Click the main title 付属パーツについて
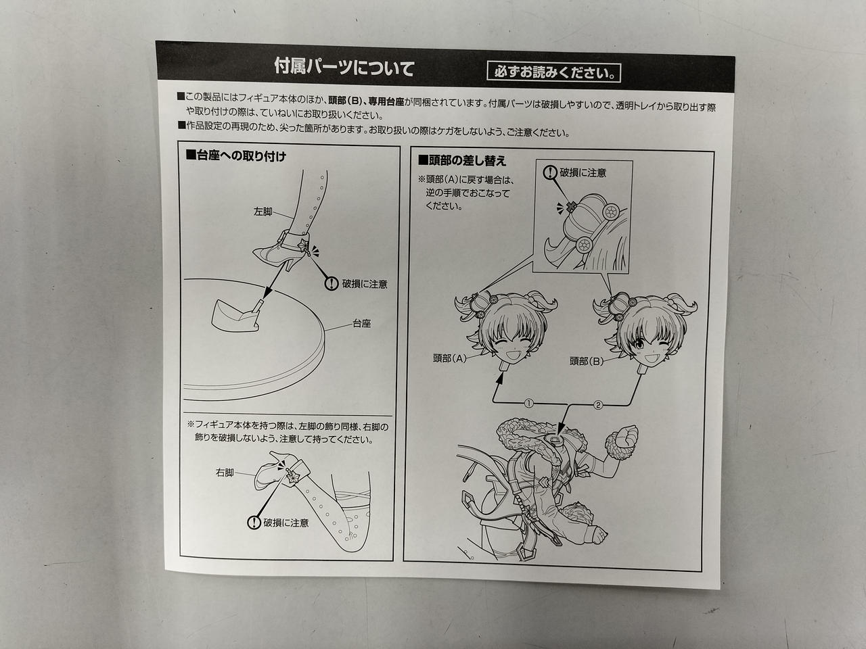point(344,68)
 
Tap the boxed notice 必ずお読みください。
point(553,72)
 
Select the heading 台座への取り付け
point(236,155)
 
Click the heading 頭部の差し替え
point(462,160)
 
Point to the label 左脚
point(263,212)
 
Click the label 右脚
point(225,473)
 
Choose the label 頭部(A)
point(450,358)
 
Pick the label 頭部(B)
point(587,361)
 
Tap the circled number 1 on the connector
point(528,403)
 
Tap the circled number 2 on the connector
point(597,405)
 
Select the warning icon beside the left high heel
point(332,283)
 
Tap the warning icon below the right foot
point(254,523)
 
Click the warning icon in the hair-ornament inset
point(550,172)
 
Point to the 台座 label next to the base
point(361,324)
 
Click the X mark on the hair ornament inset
point(570,206)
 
